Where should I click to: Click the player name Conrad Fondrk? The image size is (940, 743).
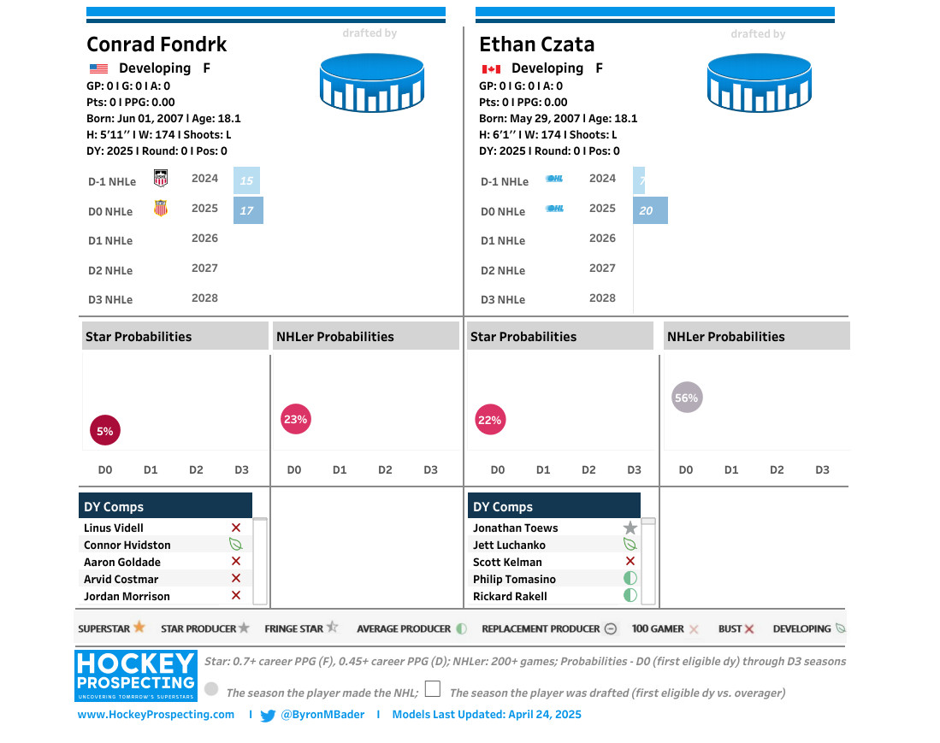[157, 44]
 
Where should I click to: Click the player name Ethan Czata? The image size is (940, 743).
[536, 44]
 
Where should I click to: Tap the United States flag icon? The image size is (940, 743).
[98, 68]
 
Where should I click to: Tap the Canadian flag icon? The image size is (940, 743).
[491, 68]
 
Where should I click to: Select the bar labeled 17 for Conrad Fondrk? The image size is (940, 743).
[248, 210]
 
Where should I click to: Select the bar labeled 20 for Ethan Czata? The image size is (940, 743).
[650, 210]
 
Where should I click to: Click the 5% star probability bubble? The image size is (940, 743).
[105, 431]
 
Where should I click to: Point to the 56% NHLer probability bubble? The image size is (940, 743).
[686, 397]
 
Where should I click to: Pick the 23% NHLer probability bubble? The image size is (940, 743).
[295, 419]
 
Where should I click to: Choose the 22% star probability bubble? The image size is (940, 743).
[490, 420]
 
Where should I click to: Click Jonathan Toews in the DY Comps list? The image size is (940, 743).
[515, 528]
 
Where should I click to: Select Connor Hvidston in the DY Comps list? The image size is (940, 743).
[127, 545]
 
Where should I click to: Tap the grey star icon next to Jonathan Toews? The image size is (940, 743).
[630, 528]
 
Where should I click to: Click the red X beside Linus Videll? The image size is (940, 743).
[236, 528]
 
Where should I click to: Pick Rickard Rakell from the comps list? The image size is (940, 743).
[510, 596]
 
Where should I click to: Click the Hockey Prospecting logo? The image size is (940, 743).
[136, 673]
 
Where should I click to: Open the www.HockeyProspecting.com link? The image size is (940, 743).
[156, 714]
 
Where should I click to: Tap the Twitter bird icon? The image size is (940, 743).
[268, 716]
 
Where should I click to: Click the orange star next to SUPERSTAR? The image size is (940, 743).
[139, 628]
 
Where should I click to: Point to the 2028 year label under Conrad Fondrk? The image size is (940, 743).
[205, 298]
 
